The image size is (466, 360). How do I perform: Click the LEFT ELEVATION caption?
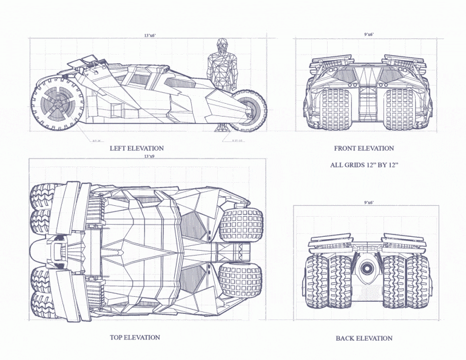[137, 148]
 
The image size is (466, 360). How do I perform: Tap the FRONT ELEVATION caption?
[363, 148]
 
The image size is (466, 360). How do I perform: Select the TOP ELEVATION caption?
[135, 338]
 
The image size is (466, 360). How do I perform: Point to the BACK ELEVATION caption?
[363, 338]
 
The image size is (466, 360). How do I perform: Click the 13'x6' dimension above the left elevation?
[150, 36]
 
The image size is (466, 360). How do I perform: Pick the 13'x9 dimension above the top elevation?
[149, 157]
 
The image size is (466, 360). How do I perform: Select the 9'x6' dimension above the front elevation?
[368, 35]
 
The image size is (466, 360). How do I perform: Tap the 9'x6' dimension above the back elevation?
[368, 202]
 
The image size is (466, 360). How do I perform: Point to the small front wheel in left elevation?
[248, 109]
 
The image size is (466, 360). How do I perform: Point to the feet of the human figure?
[222, 127]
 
